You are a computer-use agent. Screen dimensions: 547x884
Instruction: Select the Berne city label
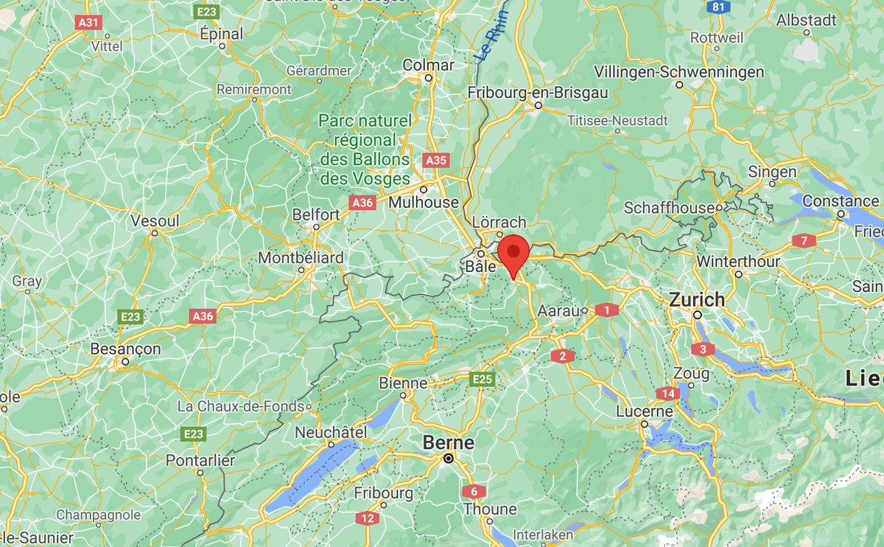(x=448, y=443)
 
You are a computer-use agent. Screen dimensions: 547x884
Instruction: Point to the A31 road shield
(x=88, y=23)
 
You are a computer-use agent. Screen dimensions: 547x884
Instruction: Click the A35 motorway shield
(x=436, y=160)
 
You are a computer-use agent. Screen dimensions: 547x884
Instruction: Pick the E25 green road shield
(x=482, y=379)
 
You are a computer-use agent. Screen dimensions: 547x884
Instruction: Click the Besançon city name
(x=125, y=349)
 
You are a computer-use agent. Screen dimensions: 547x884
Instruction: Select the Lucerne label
(x=645, y=411)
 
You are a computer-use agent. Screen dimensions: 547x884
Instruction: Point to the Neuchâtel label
(x=330, y=433)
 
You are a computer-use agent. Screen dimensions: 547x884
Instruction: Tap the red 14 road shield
(x=668, y=394)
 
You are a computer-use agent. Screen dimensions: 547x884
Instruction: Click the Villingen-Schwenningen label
(x=679, y=72)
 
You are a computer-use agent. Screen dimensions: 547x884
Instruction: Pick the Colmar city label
(x=428, y=66)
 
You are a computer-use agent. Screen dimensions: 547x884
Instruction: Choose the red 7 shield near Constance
(x=804, y=240)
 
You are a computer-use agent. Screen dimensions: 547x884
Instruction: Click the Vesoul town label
(x=155, y=221)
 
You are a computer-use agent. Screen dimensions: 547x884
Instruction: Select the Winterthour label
(x=738, y=262)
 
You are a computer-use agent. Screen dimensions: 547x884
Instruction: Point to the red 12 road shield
(x=368, y=518)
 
